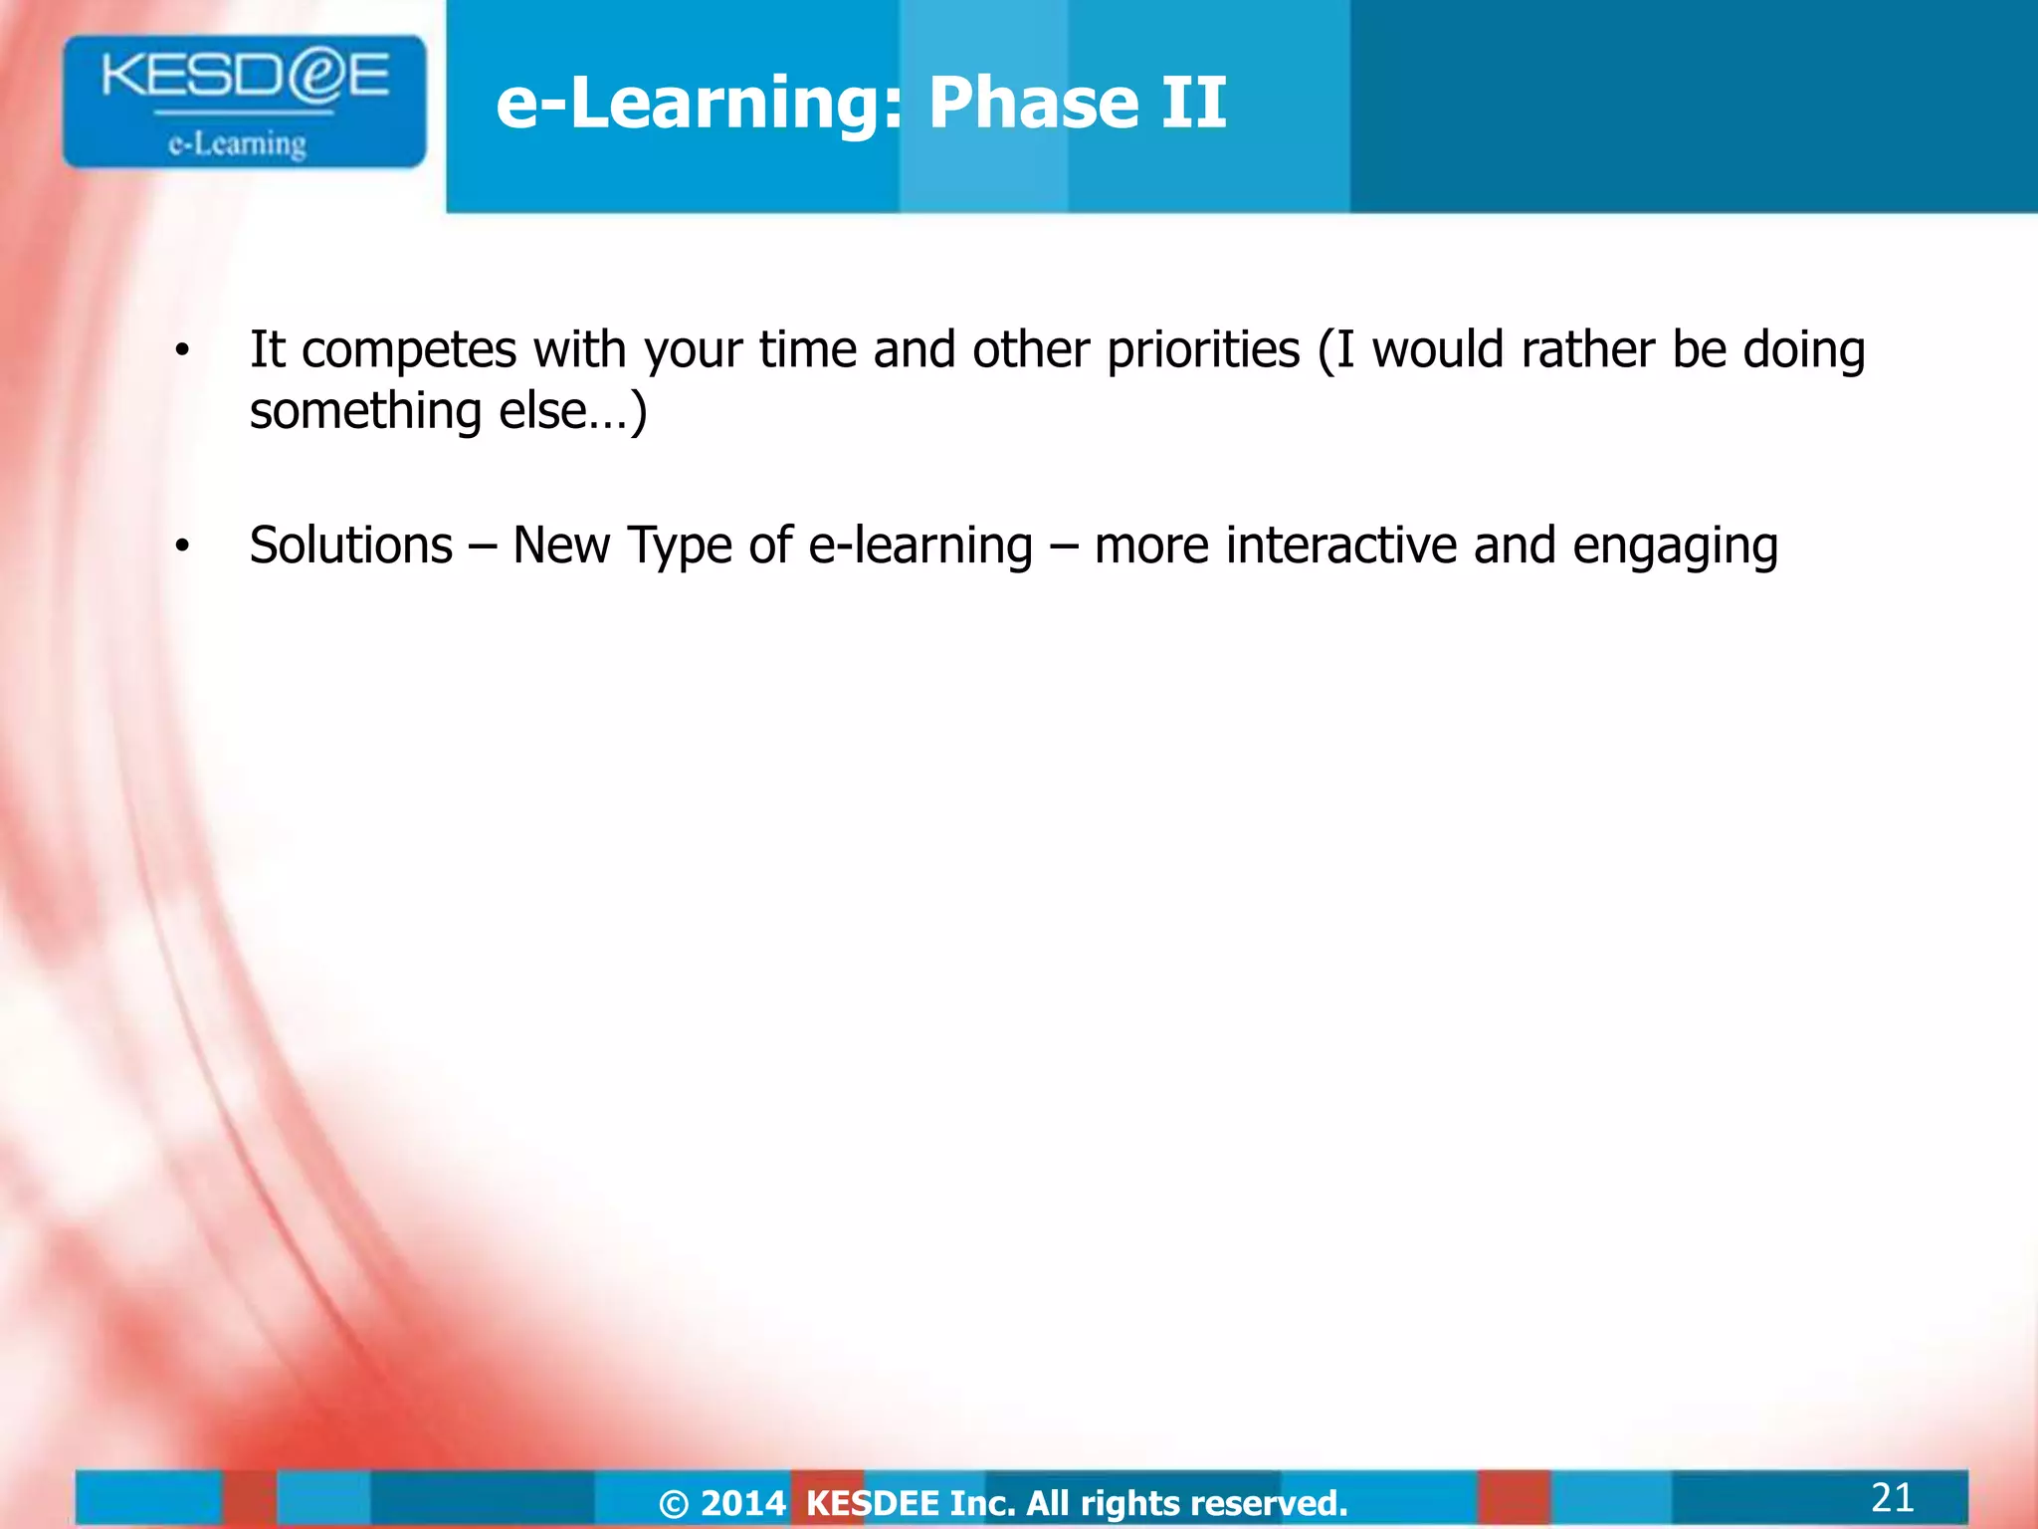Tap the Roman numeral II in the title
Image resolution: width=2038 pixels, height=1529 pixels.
pyautogui.click(x=1193, y=103)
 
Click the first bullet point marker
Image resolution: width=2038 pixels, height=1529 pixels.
pyautogui.click(x=181, y=350)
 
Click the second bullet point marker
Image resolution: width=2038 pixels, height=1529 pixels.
pyautogui.click(x=181, y=546)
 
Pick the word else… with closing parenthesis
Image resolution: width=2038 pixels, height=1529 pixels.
pyautogui.click(x=573, y=411)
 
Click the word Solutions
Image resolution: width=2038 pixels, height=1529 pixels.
pyautogui.click(x=351, y=546)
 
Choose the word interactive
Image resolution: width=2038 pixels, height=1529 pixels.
pyautogui.click(x=1341, y=546)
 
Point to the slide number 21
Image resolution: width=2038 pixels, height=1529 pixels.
pyautogui.click(x=1892, y=1497)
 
